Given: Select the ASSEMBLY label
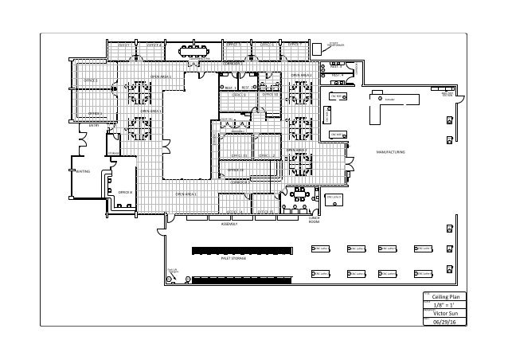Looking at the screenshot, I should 231,225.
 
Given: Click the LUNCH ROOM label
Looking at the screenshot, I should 313,220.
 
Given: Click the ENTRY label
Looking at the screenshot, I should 93,125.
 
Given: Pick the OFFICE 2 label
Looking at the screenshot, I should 91,80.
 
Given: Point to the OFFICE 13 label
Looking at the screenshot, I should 236,170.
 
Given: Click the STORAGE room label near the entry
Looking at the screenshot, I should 112,152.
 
